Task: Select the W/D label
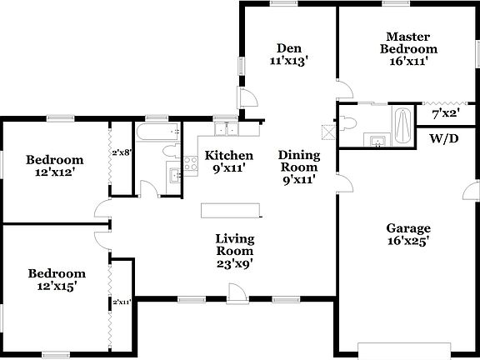pyautogui.click(x=444, y=139)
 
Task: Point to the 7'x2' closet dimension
pyautogui.click(x=447, y=113)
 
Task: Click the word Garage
pyautogui.click(x=407, y=228)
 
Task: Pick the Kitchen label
pyautogui.click(x=229, y=155)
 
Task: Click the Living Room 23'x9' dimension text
pyautogui.click(x=235, y=264)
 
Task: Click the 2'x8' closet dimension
pyautogui.click(x=122, y=152)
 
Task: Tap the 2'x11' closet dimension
pyautogui.click(x=122, y=302)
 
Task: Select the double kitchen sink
pyautogui.click(x=224, y=130)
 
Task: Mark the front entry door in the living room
pyautogui.click(x=236, y=292)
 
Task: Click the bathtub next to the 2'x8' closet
pyautogui.click(x=156, y=132)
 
